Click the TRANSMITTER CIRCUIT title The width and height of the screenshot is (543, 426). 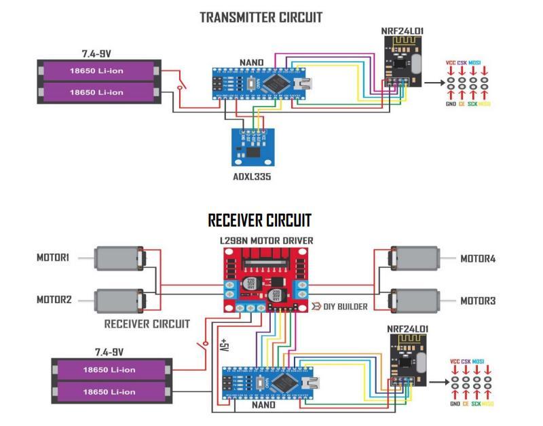261,18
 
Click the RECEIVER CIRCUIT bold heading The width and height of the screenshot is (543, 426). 259,220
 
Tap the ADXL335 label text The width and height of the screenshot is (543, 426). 252,177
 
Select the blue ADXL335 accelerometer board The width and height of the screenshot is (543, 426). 252,146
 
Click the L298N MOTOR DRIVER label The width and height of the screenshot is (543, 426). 266,241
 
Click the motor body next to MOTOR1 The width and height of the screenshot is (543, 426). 116,258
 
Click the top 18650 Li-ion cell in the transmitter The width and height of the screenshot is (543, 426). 100,70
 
